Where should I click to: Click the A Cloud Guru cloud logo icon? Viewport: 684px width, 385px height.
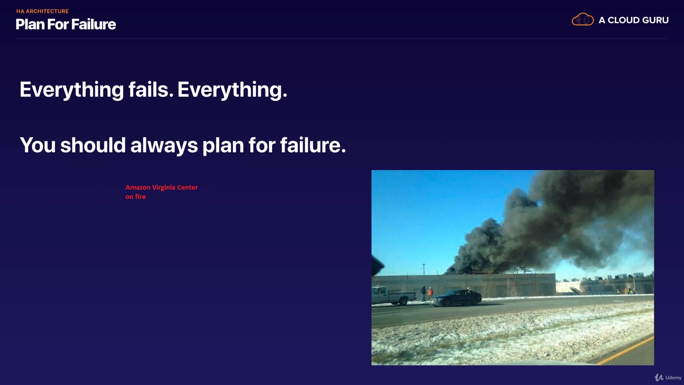pos(582,20)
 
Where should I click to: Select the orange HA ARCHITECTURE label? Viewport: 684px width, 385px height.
pos(42,11)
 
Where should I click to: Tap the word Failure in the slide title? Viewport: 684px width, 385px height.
pos(93,24)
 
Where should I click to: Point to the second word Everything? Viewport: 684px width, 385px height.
pos(232,90)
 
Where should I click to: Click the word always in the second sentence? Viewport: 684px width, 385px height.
pos(164,145)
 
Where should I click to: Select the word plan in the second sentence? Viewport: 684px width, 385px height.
pos(223,146)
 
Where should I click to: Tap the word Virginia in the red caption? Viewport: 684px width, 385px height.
pos(164,188)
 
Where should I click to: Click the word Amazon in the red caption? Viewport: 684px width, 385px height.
pos(138,188)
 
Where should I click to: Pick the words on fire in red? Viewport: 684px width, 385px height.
pos(135,197)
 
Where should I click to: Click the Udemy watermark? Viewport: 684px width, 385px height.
pos(668,378)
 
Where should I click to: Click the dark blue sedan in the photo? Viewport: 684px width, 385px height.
pos(457,298)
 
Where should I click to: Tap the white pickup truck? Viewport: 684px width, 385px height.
pos(393,296)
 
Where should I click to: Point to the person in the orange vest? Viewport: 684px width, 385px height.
pos(430,294)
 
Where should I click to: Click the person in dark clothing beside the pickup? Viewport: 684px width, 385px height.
pos(424,293)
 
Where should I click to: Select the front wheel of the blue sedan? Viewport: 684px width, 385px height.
pos(438,303)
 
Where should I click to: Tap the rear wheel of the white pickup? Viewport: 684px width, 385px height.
pos(403,302)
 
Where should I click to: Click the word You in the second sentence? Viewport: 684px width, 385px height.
pos(38,145)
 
